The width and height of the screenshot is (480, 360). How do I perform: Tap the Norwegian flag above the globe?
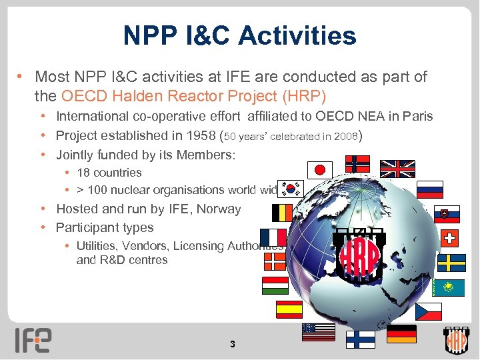click(358, 163)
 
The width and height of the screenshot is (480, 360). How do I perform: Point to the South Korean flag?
click(291, 189)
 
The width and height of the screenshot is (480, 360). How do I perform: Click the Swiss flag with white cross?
click(451, 238)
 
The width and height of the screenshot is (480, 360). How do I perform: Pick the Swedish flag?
click(451, 263)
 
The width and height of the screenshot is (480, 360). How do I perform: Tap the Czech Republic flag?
click(429, 311)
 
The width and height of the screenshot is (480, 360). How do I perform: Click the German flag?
click(401, 333)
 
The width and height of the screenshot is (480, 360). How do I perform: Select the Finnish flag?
click(360, 339)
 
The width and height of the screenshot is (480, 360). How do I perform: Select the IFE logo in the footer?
click(33, 339)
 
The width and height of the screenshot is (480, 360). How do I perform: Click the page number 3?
click(232, 345)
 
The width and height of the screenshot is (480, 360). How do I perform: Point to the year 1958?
click(191, 135)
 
